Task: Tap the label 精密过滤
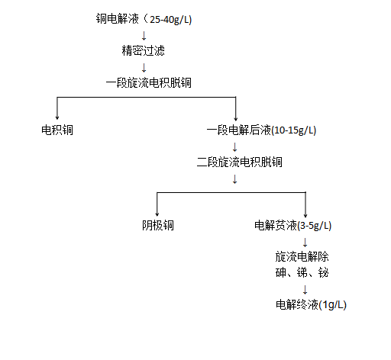(x=143, y=51)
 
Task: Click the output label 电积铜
(x=57, y=130)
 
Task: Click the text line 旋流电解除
(x=302, y=256)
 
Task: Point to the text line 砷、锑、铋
(x=302, y=272)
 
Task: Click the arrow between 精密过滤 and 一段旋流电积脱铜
(x=144, y=66)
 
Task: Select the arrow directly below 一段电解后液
(x=234, y=146)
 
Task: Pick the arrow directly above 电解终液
(x=305, y=289)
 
